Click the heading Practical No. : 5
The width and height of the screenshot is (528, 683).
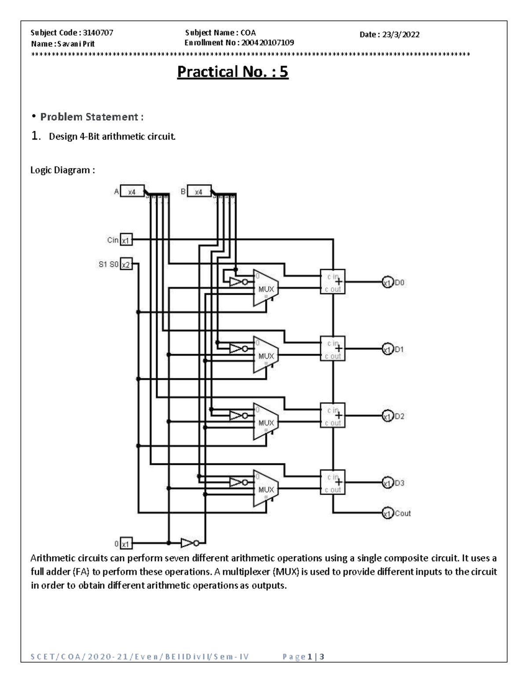coord(232,72)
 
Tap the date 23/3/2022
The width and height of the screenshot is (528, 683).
coord(400,35)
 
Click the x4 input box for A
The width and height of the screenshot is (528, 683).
coord(132,192)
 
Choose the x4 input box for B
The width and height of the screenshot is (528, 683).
coord(199,192)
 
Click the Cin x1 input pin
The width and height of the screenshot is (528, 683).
coord(126,240)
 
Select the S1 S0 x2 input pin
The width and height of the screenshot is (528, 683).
coord(126,264)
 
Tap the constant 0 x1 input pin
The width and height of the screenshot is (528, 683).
coord(126,544)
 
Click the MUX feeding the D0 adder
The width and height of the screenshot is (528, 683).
coord(266,289)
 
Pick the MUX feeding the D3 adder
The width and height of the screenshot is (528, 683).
coord(266,489)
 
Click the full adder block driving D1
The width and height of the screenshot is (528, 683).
coord(333,349)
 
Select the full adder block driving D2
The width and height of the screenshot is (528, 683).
coord(333,416)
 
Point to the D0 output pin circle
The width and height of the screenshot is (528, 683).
coord(387,282)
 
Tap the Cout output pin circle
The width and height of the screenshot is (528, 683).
coord(387,513)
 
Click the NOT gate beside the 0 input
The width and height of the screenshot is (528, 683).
coord(189,543)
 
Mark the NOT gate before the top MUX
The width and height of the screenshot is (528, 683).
coord(238,282)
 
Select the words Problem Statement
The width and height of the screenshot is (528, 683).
coord(91,117)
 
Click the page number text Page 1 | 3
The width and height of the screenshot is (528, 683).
coord(304,657)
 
